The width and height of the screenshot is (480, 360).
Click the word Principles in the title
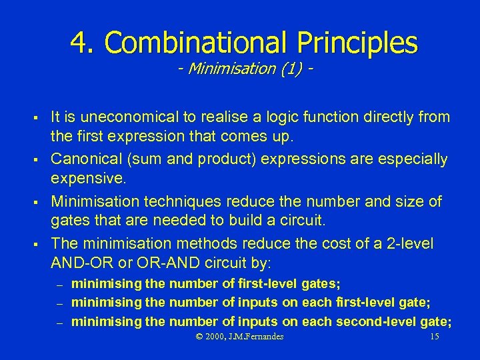tap(357, 43)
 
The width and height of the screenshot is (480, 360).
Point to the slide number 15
tap(435, 337)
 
